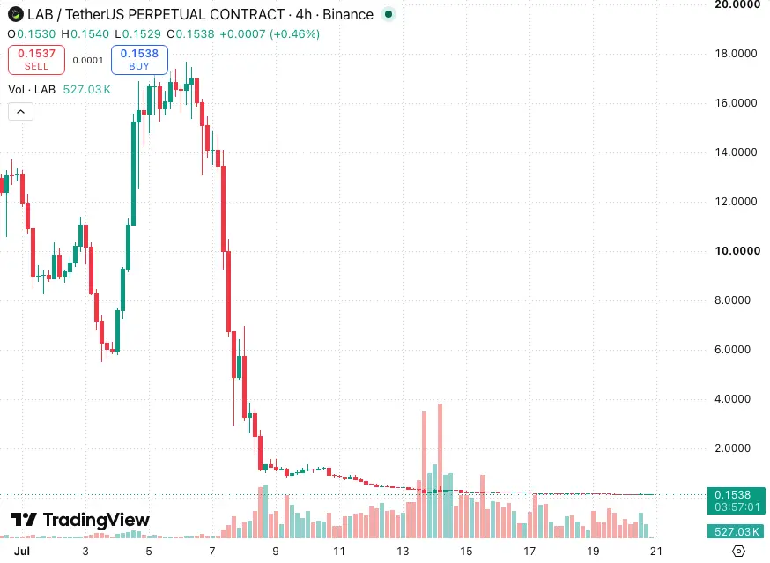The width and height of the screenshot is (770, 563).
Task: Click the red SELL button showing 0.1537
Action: pos(36,60)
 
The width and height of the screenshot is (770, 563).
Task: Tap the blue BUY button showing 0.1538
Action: pos(139,60)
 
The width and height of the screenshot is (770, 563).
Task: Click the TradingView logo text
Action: pos(80,520)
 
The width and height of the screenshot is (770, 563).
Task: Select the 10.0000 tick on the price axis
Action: pos(737,251)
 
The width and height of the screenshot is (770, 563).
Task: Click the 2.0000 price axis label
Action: pos(732,448)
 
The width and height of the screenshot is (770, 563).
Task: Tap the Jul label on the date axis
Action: pos(22,552)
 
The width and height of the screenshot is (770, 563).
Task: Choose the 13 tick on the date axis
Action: pos(403,552)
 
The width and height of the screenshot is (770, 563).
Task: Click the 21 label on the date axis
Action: pos(656,552)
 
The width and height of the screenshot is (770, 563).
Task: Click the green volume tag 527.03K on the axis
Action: pos(737,531)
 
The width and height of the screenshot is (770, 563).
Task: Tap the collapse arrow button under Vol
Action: pos(20,112)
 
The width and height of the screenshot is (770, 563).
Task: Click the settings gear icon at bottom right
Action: pos(738,552)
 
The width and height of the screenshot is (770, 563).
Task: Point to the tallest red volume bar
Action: pos(440,470)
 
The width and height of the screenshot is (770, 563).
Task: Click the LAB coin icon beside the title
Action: pos(16,14)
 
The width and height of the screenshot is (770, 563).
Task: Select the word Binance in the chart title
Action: pos(348,14)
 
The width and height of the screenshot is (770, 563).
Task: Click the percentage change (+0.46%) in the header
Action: pos(294,33)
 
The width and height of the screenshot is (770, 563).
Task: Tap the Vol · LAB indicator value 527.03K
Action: pos(87,89)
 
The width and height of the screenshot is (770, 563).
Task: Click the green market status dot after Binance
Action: pos(389,14)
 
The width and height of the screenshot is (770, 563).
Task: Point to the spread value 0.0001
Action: pos(88,61)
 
